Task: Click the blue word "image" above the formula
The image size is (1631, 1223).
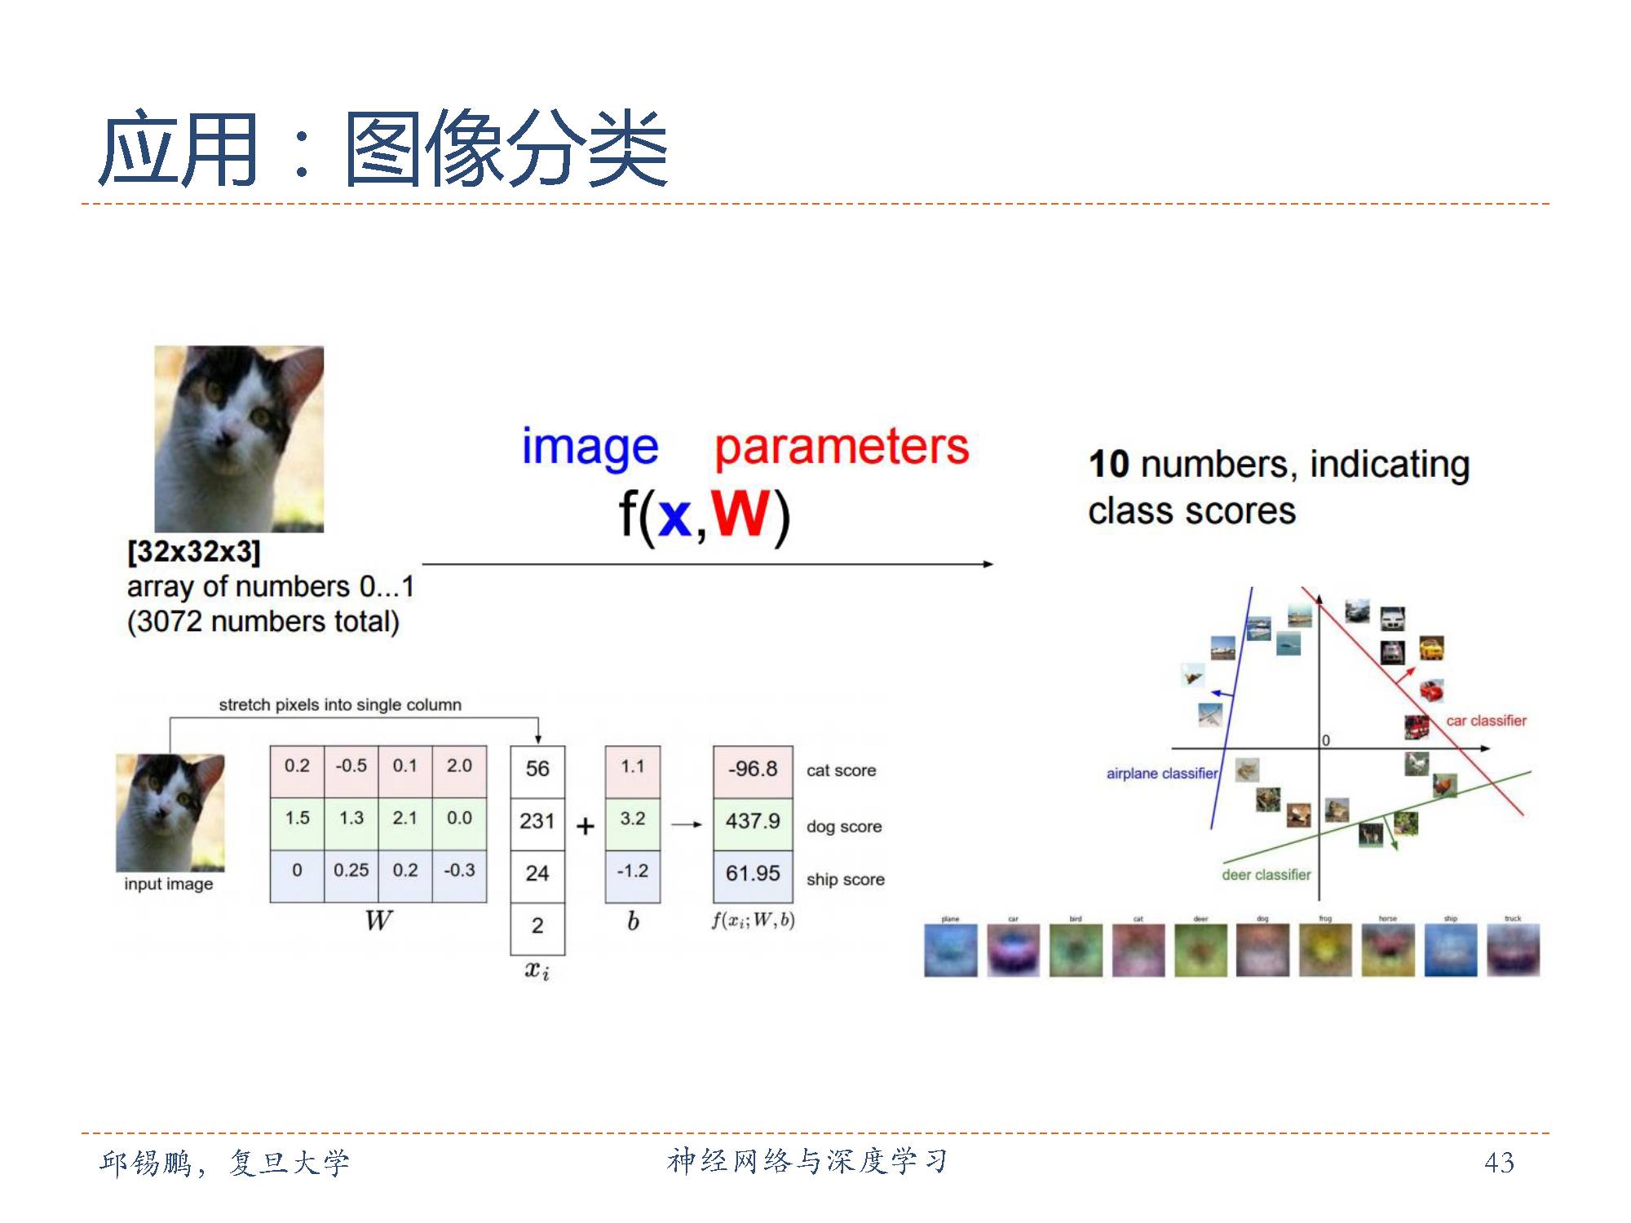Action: [590, 448]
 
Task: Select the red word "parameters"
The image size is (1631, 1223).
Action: [842, 448]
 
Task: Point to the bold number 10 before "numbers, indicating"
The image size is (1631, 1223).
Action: [1109, 464]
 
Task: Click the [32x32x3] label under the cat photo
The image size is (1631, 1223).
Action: [194, 552]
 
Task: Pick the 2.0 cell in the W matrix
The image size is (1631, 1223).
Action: [459, 766]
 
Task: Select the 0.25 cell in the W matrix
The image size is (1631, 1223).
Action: [351, 870]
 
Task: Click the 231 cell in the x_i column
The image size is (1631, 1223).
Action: [537, 821]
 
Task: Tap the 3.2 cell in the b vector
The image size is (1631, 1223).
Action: [632, 819]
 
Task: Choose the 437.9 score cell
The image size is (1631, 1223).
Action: [753, 821]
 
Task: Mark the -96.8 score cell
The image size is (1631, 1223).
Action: [753, 769]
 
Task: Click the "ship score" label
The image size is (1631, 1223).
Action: [845, 880]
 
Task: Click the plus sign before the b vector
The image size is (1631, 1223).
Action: [585, 827]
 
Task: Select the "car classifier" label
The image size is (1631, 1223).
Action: [1486, 721]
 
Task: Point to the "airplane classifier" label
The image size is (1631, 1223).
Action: [1161, 774]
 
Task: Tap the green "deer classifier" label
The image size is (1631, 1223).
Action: [1266, 875]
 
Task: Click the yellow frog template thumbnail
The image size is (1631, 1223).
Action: [1325, 951]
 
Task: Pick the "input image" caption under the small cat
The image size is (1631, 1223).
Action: [169, 884]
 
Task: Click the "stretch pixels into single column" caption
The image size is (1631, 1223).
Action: [339, 704]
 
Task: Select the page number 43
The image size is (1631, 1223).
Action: [1499, 1162]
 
